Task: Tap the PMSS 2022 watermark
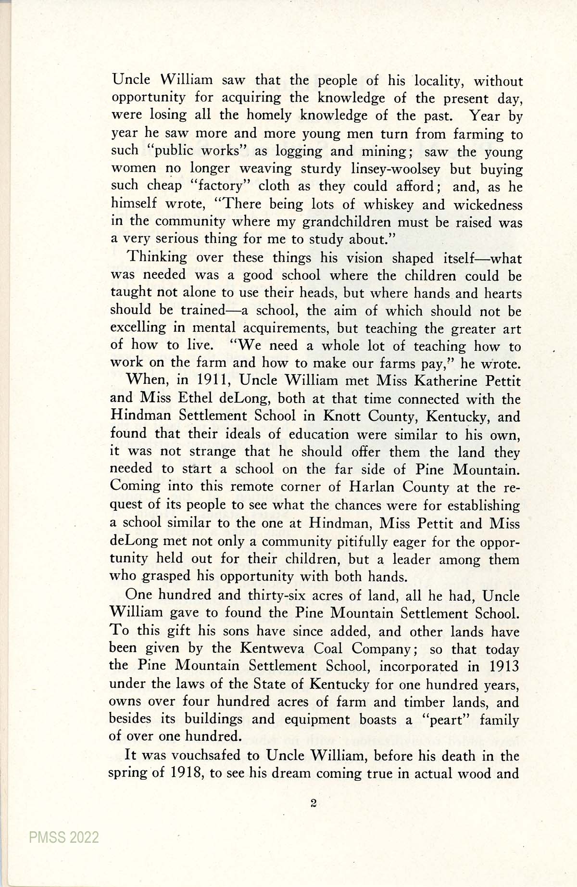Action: pyautogui.click(x=64, y=837)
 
